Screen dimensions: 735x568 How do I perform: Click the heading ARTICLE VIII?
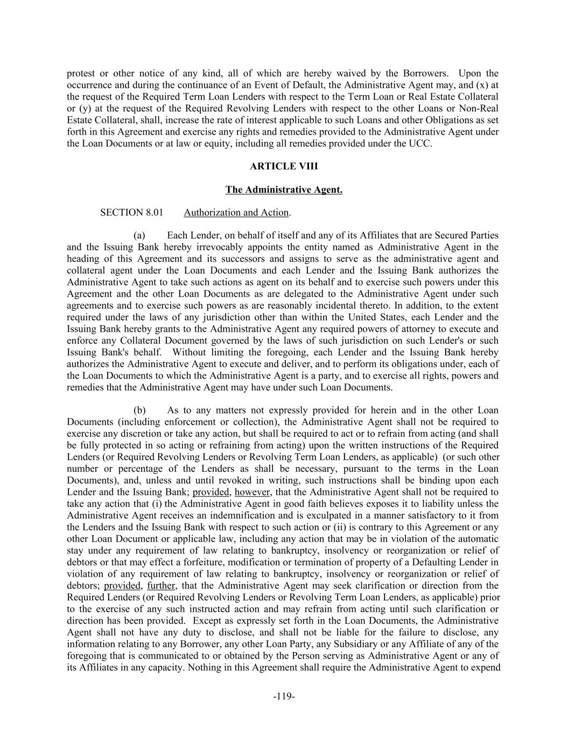click(x=284, y=166)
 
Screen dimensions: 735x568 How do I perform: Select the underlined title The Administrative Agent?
click(x=284, y=190)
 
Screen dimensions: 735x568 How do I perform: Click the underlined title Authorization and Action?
click(x=236, y=213)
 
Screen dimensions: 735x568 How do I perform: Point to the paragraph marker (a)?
click(x=139, y=236)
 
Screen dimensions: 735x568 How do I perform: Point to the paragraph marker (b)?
click(x=139, y=410)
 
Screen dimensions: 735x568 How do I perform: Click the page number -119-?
click(x=284, y=697)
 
